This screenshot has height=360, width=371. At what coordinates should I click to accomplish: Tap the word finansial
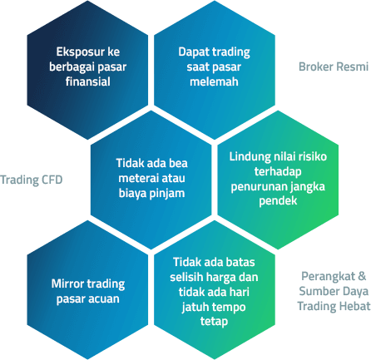point(88,81)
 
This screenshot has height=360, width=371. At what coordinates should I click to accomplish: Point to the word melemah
point(214,81)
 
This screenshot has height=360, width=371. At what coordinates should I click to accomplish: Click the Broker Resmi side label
point(334,67)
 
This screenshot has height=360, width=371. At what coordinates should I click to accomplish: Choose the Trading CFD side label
point(32,180)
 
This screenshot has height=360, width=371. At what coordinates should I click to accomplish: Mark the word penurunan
point(255,186)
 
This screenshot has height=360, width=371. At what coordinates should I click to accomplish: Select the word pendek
point(278,200)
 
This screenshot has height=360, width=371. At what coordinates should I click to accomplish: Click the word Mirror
point(67,284)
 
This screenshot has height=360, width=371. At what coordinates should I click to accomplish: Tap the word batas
point(240,262)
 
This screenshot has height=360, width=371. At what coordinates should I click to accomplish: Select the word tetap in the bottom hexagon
point(214,322)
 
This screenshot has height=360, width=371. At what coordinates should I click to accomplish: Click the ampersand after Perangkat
point(362,276)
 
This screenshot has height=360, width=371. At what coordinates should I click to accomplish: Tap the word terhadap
point(278,171)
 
